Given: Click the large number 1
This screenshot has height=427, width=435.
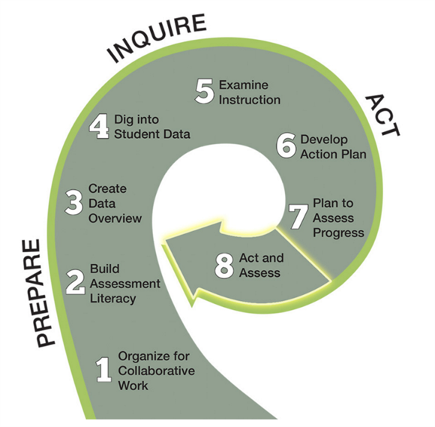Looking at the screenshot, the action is [103, 370].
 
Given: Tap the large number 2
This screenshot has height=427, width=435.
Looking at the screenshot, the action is [75, 283].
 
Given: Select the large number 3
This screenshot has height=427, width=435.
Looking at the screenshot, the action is [73, 203].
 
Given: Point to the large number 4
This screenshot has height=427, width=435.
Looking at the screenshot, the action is [99, 127].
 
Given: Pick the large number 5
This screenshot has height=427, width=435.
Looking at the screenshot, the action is [205, 91].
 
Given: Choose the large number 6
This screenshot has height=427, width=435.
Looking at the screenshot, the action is [286, 146].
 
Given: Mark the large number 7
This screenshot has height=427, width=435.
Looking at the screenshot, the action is [298, 217].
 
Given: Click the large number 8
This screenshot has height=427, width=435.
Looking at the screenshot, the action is [224, 266].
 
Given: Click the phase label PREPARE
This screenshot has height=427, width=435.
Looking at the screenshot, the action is [41, 293].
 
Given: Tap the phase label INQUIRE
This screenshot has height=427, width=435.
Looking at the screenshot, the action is [157, 38].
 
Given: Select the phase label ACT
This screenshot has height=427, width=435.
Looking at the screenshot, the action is [383, 115].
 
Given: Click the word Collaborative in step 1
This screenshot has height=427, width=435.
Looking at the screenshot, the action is [157, 371].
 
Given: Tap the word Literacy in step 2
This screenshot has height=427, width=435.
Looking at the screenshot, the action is [112, 299].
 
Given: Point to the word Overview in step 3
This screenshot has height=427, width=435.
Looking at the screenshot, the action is [115, 218].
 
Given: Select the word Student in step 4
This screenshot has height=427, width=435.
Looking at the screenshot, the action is [136, 134].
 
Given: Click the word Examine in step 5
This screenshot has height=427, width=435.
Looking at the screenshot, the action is [244, 85].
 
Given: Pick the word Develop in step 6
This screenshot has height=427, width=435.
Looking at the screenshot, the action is [324, 140].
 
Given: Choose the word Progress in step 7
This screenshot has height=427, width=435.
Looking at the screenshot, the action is [338, 233].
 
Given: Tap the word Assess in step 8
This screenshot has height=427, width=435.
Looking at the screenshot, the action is [259, 273].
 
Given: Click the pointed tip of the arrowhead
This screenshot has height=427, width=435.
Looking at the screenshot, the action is [163, 239].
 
